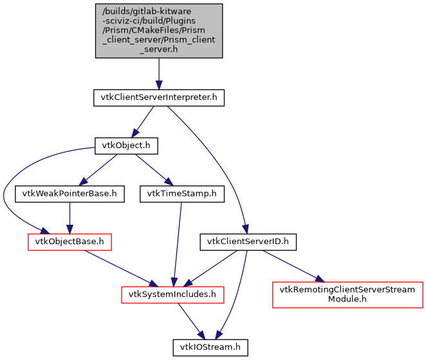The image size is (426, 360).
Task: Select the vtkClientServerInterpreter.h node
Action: tap(159, 98)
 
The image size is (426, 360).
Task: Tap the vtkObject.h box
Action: tap(125, 146)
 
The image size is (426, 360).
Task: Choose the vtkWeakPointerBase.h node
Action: tap(69, 193)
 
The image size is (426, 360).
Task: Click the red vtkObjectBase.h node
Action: tap(69, 242)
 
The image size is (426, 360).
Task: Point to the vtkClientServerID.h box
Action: tap(248, 242)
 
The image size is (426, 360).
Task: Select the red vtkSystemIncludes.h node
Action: tap(173, 294)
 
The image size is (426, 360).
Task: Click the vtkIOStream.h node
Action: tap(210, 347)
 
